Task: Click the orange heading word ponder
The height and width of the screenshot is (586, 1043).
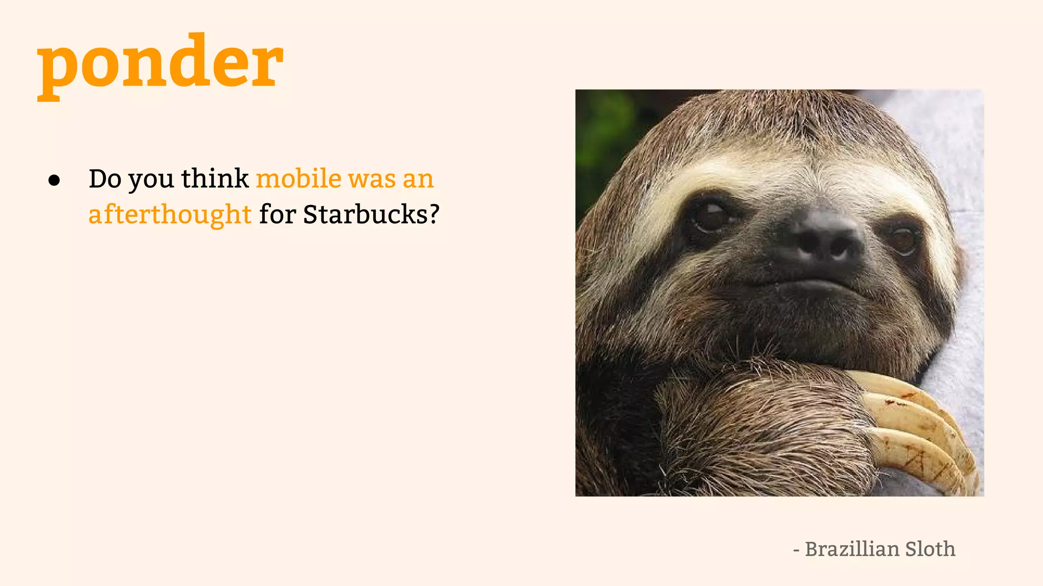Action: coord(160,64)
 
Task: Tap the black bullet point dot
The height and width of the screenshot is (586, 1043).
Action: coord(54,181)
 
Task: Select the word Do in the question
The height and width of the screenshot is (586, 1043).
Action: coord(105,179)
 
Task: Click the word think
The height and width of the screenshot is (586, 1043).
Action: coord(214,179)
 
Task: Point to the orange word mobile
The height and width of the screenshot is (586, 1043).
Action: coord(298,179)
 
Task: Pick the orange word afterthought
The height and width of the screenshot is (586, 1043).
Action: coord(170,214)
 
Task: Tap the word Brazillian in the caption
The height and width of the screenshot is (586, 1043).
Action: coord(852,549)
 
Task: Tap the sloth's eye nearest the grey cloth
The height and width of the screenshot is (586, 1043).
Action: coord(902,239)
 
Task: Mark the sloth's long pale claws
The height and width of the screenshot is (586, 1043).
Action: coord(917,427)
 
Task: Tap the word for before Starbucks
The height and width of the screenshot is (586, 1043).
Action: coord(278,214)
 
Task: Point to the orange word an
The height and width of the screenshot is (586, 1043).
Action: coord(418,180)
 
